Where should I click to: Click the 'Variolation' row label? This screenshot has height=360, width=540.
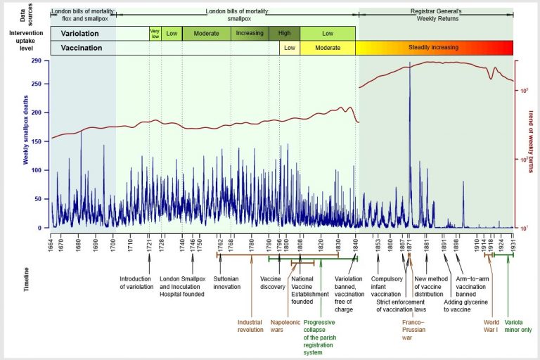pos(79,33)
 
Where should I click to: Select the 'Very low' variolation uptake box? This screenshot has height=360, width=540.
pos(155,33)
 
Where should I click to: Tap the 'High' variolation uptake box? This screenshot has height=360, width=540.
pos(284,33)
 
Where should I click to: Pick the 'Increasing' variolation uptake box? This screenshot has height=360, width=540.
pos(250,33)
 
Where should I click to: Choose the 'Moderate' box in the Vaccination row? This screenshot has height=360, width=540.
pos(328,48)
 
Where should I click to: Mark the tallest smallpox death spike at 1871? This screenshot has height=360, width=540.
pos(409,65)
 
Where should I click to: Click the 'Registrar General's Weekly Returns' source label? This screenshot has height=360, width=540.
pos(436,15)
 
